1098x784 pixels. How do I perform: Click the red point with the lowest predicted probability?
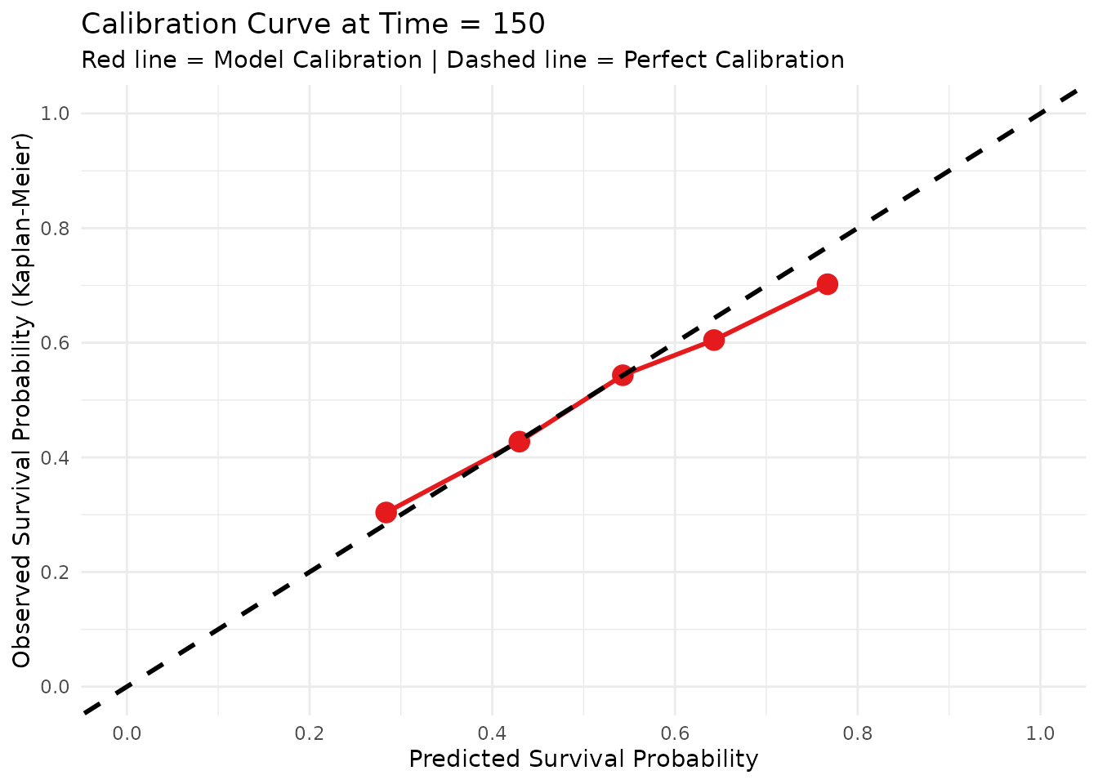(x=386, y=512)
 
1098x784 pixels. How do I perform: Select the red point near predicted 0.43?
(x=519, y=441)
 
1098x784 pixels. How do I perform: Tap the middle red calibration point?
(x=623, y=375)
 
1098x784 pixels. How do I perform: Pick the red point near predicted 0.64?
(x=714, y=340)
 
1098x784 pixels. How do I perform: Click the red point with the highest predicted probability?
(x=827, y=284)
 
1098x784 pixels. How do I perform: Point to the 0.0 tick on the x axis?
(x=127, y=733)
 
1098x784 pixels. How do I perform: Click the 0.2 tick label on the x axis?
(x=310, y=733)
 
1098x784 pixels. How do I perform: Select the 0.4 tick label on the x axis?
(x=492, y=733)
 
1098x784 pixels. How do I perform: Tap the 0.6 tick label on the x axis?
(x=675, y=733)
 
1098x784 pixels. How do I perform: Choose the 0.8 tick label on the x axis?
(x=857, y=733)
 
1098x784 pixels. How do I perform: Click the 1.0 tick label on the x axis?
(x=1040, y=733)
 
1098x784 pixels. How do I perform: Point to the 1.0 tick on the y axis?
(x=56, y=114)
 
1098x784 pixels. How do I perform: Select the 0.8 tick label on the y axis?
(x=56, y=228)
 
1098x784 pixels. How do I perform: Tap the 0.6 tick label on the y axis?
(x=56, y=343)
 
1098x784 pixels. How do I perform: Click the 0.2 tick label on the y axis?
(x=56, y=572)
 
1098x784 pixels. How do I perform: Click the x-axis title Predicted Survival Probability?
(x=583, y=759)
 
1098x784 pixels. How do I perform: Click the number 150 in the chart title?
(x=519, y=24)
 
